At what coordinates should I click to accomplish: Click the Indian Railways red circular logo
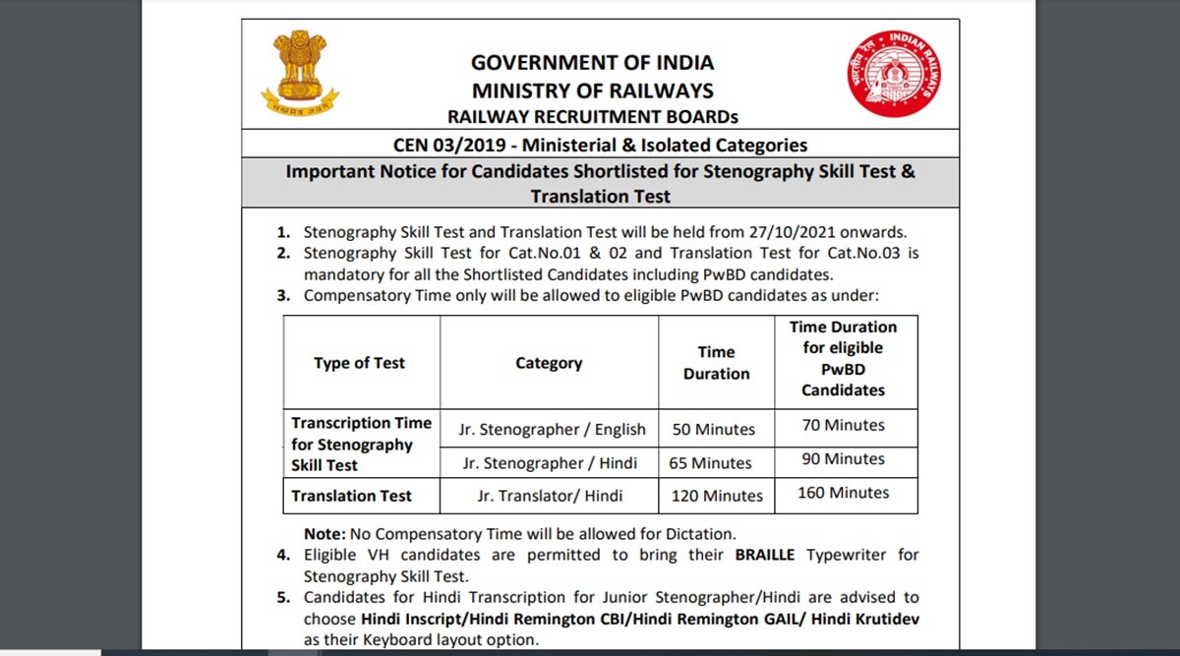[894, 74]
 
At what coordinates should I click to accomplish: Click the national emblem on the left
[300, 73]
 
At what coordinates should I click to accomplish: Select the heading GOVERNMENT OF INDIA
[592, 63]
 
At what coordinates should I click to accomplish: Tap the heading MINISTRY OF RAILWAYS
[592, 91]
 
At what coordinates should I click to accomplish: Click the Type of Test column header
[359, 363]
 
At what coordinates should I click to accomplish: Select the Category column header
[549, 363]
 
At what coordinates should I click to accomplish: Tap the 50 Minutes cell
[714, 430]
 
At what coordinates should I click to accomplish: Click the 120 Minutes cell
[717, 496]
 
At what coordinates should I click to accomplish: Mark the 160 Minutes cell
[843, 492]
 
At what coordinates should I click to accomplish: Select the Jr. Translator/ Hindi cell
[550, 496]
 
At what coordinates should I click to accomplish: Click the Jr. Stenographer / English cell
[552, 430]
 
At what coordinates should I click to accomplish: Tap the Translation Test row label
[351, 496]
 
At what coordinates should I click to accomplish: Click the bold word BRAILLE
[768, 555]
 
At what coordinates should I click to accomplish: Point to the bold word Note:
[324, 534]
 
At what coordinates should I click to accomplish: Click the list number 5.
[282, 597]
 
